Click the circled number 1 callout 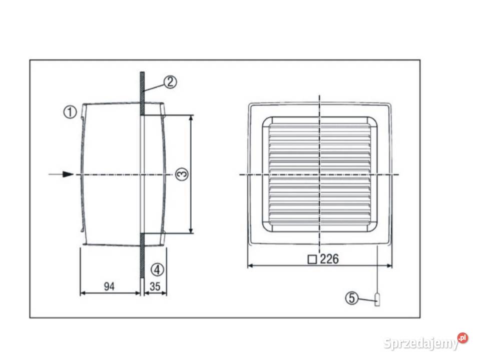(x=70, y=111)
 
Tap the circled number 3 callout (x=182, y=174)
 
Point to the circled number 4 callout (x=158, y=269)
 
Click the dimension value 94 (x=109, y=286)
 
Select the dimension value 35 (x=155, y=286)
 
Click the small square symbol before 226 (x=312, y=259)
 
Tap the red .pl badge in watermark (x=462, y=338)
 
